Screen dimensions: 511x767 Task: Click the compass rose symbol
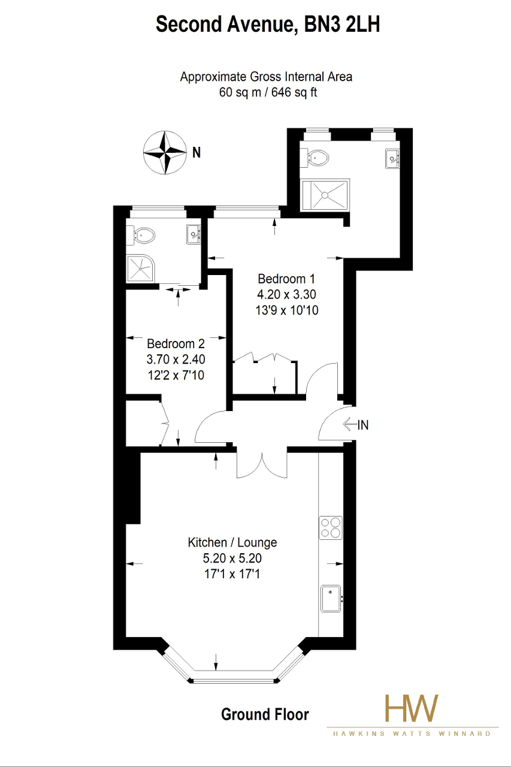165,152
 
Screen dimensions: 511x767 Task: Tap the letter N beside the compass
196,152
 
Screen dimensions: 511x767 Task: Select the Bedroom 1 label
286,279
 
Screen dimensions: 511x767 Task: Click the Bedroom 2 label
176,343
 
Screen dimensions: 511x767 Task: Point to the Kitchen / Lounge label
232,542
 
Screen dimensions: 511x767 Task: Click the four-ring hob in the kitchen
331,528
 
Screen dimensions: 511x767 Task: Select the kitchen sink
331,599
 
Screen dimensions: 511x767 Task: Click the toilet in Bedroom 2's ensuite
140,235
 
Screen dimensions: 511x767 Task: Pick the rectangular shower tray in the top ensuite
325,195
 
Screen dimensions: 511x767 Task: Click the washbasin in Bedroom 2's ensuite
193,234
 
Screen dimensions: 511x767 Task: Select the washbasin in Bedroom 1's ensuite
393,159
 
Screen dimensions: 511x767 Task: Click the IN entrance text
363,425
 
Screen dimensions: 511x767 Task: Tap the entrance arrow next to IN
350,425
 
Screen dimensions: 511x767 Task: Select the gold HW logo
412,708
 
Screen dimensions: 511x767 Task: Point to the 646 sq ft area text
294,92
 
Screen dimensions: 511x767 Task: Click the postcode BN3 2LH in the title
342,25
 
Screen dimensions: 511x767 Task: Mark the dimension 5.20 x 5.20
232,558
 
